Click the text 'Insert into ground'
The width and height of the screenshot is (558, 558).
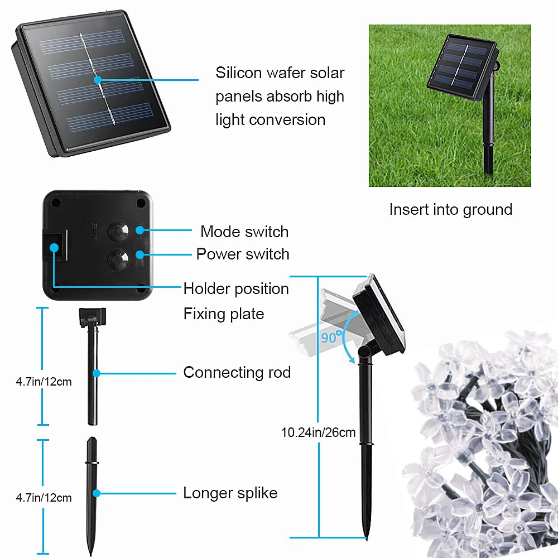(450, 210)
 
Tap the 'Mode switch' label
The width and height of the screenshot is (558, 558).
(244, 232)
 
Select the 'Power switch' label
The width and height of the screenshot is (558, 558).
(243, 254)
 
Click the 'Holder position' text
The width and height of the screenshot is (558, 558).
(236, 289)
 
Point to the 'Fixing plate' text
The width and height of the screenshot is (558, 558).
(224, 314)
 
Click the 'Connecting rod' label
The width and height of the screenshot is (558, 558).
(237, 372)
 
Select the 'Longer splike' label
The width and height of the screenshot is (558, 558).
(230, 493)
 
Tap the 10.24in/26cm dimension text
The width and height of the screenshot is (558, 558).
(318, 432)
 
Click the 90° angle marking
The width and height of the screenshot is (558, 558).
(331, 337)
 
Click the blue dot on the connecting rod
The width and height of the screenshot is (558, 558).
(97, 372)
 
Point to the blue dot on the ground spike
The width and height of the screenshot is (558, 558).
(97, 493)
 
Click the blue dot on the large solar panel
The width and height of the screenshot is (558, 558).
(98, 80)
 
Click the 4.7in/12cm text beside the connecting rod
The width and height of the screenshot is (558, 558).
(44, 382)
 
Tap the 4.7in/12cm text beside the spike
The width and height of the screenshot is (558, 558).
(44, 498)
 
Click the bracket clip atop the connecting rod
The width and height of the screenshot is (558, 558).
(93, 316)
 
